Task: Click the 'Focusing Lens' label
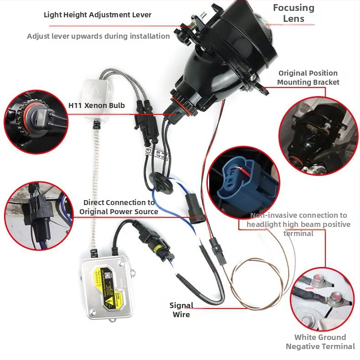293,13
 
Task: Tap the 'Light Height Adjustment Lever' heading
98,15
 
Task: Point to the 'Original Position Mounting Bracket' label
308,77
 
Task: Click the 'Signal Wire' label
181,309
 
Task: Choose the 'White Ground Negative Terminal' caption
320,342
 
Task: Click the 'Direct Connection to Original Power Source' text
119,207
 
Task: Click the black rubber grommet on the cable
159,180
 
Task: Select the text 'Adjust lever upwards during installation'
98,36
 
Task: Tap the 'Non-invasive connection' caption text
298,224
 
